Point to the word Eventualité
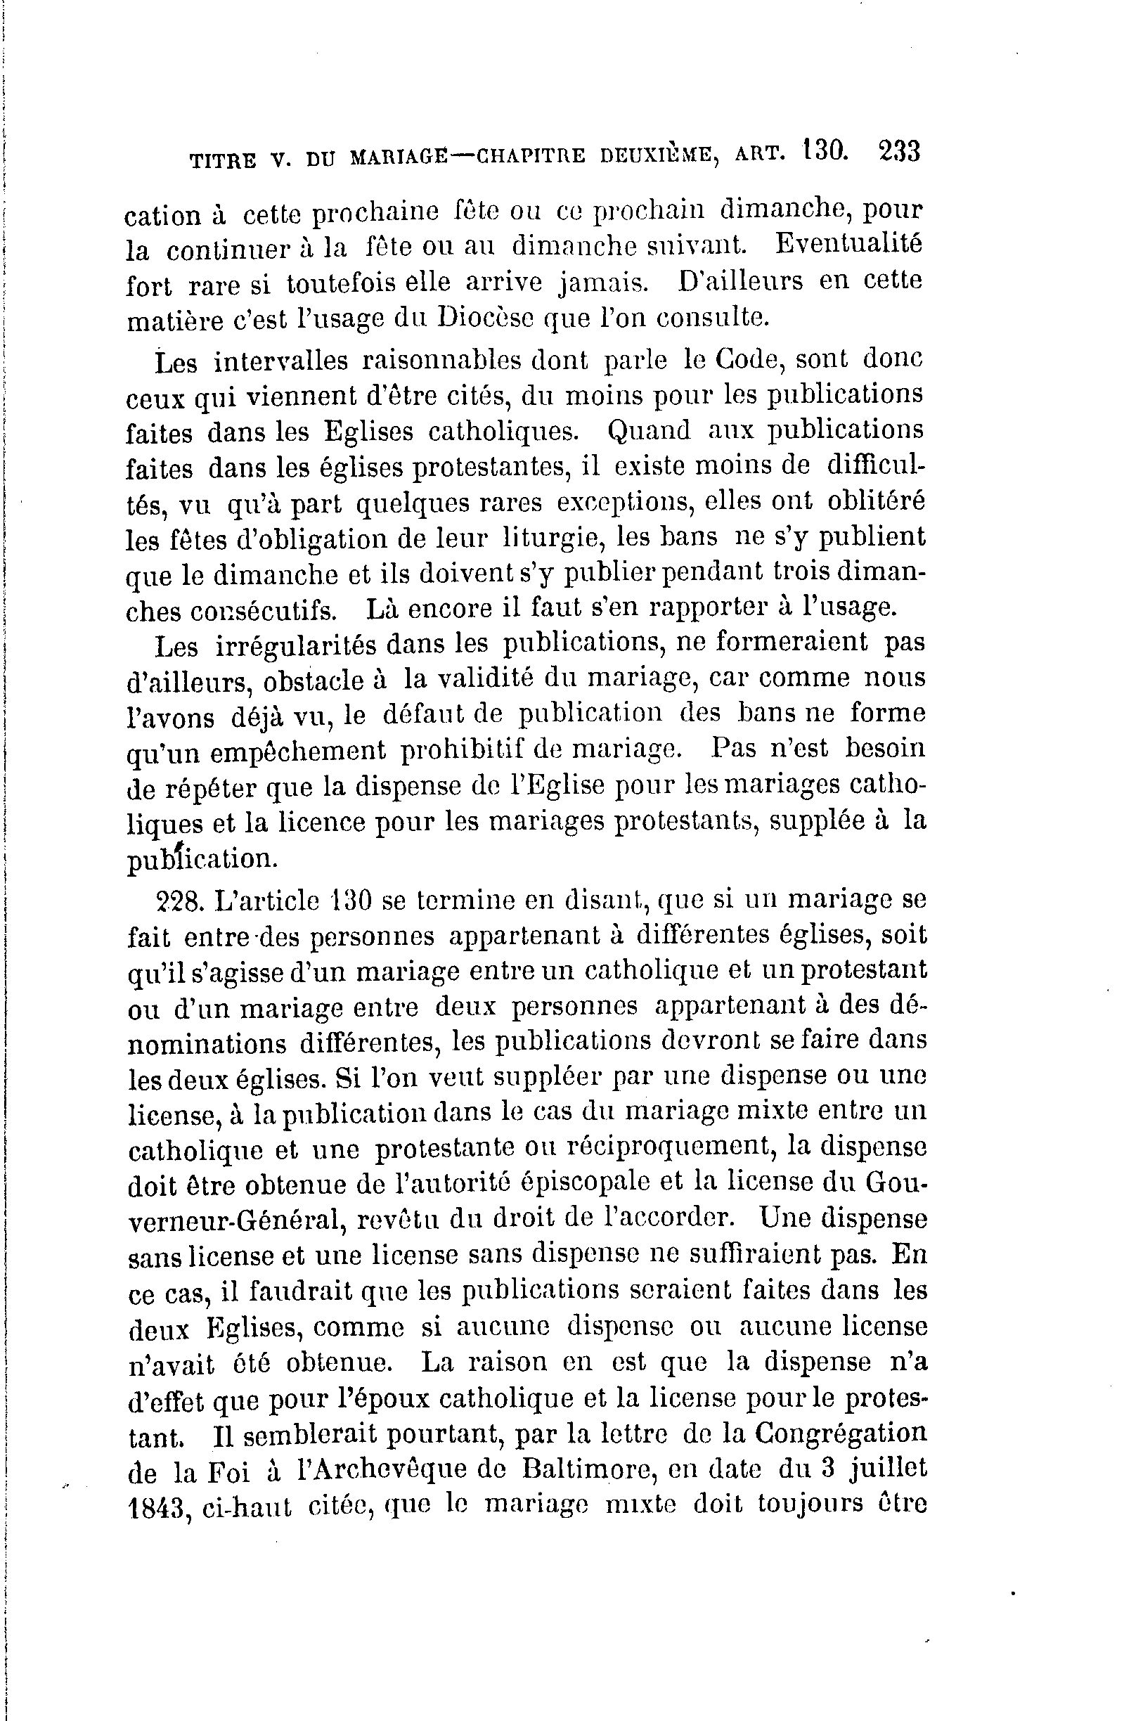849,245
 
